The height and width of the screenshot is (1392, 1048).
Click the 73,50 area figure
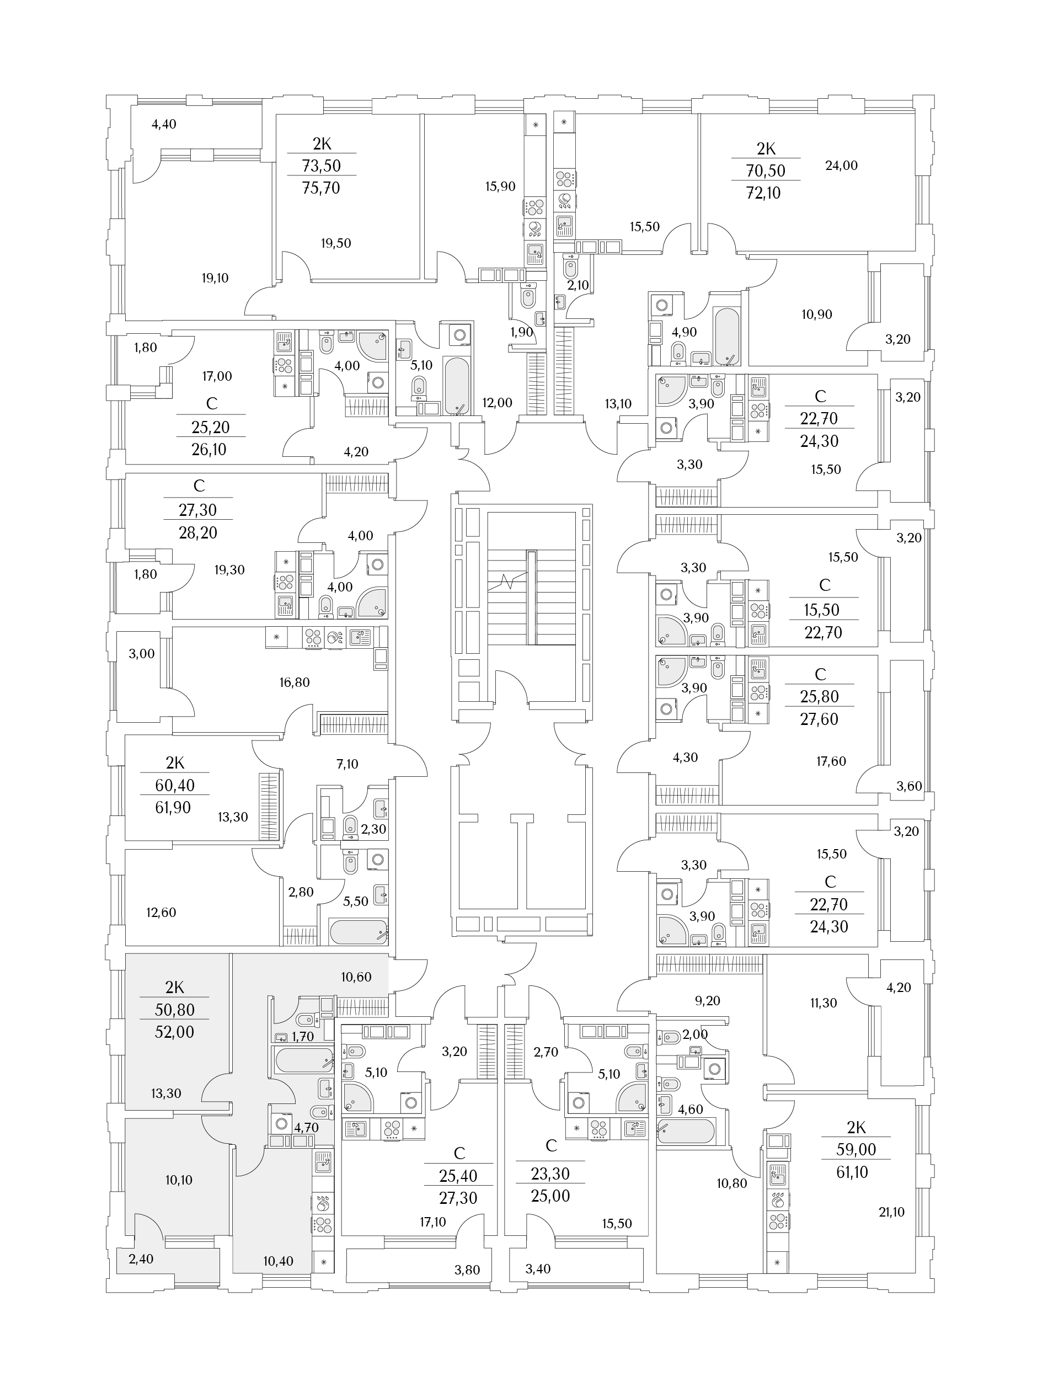(322, 166)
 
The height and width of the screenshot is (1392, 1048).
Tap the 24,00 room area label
(841, 166)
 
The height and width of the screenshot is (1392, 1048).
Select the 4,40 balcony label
(164, 124)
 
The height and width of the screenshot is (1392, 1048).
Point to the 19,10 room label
(215, 278)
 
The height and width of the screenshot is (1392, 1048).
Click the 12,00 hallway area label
(497, 403)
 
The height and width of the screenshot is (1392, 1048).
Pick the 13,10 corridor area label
(618, 403)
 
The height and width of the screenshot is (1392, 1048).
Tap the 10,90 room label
(816, 314)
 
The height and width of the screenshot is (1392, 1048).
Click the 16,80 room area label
(295, 682)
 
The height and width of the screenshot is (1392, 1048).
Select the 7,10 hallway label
(347, 764)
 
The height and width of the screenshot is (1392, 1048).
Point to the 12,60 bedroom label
(161, 913)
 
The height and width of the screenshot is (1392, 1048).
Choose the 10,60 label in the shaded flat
(356, 977)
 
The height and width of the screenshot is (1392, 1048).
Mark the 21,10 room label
(891, 1212)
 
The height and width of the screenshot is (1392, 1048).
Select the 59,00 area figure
(856, 1150)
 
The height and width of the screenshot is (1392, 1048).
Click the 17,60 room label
(831, 761)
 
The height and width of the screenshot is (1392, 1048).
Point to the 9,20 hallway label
(708, 1001)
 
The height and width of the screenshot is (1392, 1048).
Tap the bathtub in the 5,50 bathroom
(359, 932)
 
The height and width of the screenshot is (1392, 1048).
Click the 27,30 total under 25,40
(458, 1198)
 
